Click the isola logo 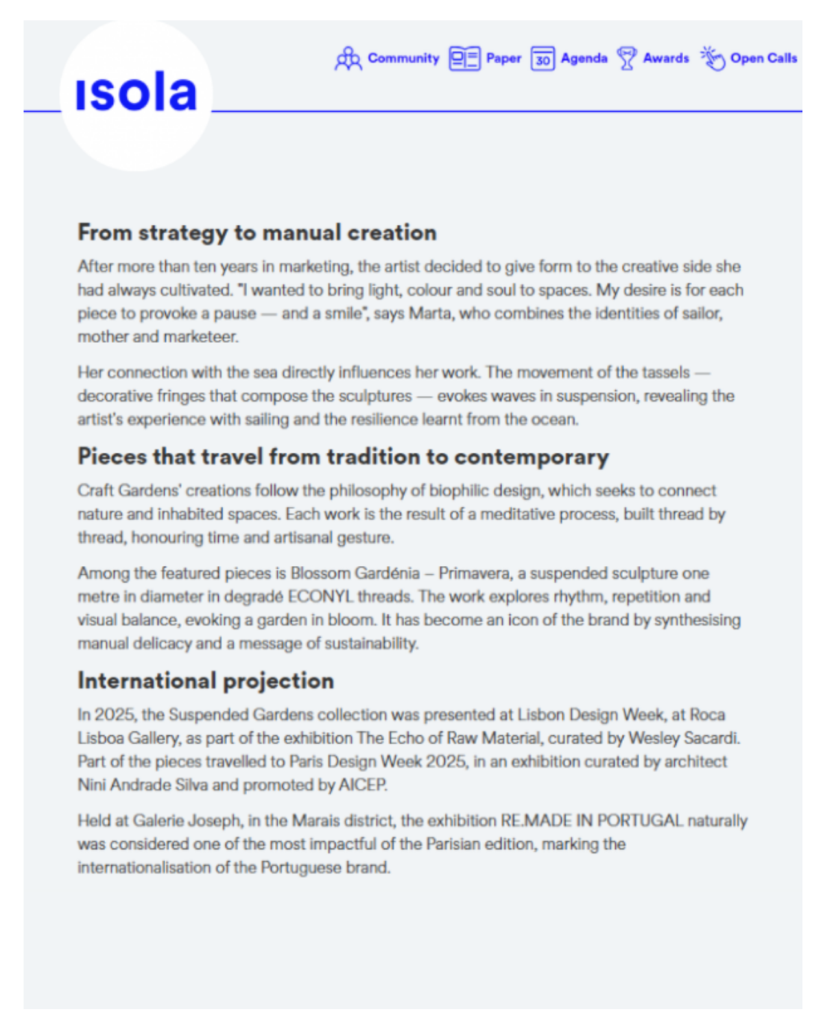coord(136,93)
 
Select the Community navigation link coord(403,58)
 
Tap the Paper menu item coord(503,58)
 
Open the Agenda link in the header coord(584,58)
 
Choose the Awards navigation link coord(665,58)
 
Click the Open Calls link coord(763,58)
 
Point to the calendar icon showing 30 coord(542,59)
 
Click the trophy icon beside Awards coord(626,58)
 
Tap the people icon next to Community coord(348,59)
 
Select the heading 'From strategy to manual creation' coord(257,233)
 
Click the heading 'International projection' coord(206,681)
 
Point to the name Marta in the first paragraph coord(430,314)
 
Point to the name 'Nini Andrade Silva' coord(143,785)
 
